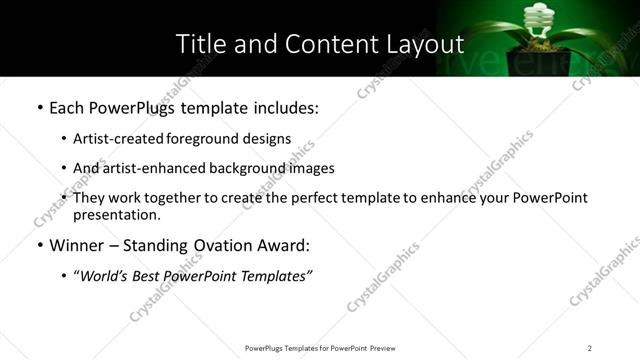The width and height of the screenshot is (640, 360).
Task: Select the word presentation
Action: (115, 214)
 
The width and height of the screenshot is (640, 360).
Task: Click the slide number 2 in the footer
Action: (590, 347)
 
